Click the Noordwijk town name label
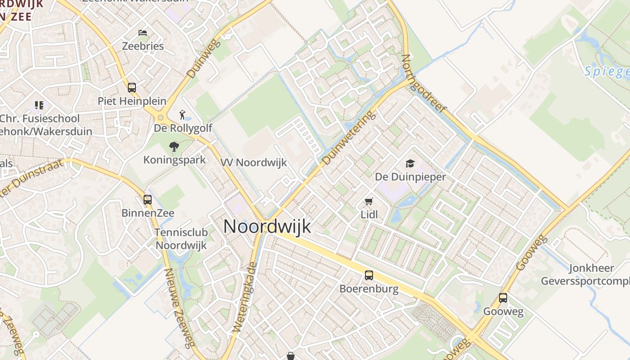pos(267,226)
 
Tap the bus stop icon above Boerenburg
pos(369,275)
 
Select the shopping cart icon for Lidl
pos(369,201)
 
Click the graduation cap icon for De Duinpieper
pos(410,163)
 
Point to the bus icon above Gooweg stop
pos(503,297)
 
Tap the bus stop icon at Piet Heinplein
pos(132,87)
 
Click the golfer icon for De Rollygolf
pos(182,114)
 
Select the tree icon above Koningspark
pos(174,146)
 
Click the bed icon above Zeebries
pos(143,33)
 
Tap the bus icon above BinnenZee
pos(148,199)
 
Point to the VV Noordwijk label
pos(253,163)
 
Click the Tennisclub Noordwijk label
pos(181,239)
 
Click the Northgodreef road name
pos(423,83)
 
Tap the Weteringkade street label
pos(244,298)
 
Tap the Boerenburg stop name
pos(369,289)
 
